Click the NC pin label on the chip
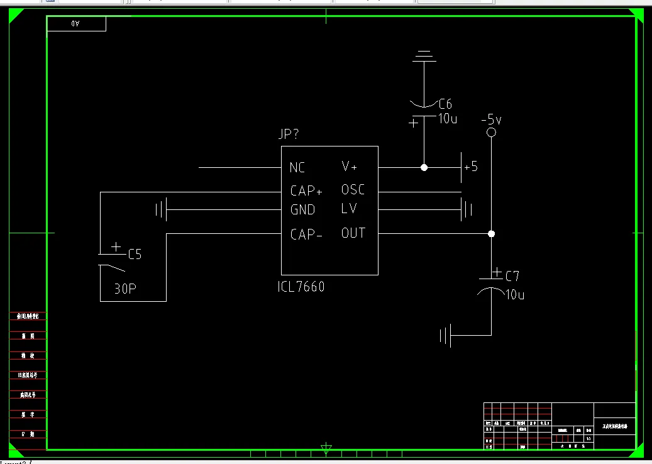pyautogui.click(x=297, y=168)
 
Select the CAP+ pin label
pyautogui.click(x=306, y=191)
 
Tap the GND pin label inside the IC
pyautogui.click(x=302, y=209)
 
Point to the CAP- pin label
pyautogui.click(x=306, y=235)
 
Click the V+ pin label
pyautogui.click(x=349, y=167)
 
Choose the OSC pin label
pyautogui.click(x=353, y=189)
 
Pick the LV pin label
pyautogui.click(x=349, y=208)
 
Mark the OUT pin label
pyautogui.click(x=353, y=233)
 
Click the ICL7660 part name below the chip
pyautogui.click(x=301, y=287)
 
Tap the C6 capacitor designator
pyautogui.click(x=445, y=104)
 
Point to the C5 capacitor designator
pyautogui.click(x=135, y=255)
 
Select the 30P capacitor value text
pyautogui.click(x=125, y=289)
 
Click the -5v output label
pyautogui.click(x=491, y=119)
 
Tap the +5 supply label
pyautogui.click(x=471, y=167)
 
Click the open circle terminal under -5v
pyautogui.click(x=492, y=133)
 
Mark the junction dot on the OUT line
pyautogui.click(x=492, y=234)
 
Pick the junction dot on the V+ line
pyautogui.click(x=424, y=168)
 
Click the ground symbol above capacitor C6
pyautogui.click(x=424, y=57)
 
